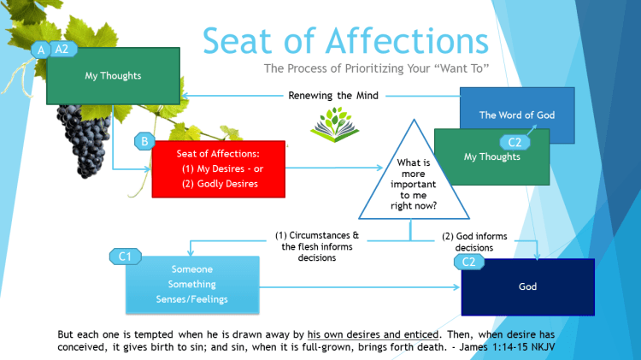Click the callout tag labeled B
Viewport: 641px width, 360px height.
[x=144, y=140]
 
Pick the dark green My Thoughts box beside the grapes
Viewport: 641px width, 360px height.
[x=113, y=75]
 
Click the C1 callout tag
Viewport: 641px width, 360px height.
[x=124, y=256]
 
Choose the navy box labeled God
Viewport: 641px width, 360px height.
[x=527, y=286]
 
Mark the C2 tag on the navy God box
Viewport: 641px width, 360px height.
[x=468, y=262]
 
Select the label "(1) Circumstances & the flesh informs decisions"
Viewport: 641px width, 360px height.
[x=317, y=242]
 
